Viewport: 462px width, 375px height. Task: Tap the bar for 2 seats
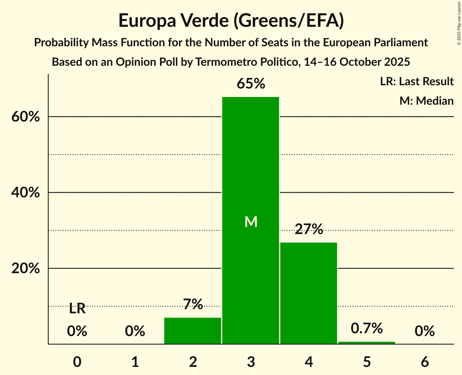pos(193,331)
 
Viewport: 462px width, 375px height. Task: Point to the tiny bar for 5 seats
pos(367,343)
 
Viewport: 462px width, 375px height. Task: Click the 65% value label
pos(251,84)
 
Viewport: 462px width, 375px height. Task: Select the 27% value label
pos(309,230)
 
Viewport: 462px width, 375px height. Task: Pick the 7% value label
pos(193,304)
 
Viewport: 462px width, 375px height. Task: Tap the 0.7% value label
pos(367,328)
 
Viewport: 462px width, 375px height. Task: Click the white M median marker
pos(251,222)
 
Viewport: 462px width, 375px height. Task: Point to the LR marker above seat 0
pos(77,309)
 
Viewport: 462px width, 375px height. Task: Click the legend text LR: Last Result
pos(417,82)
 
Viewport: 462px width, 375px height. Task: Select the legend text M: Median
pos(426,101)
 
